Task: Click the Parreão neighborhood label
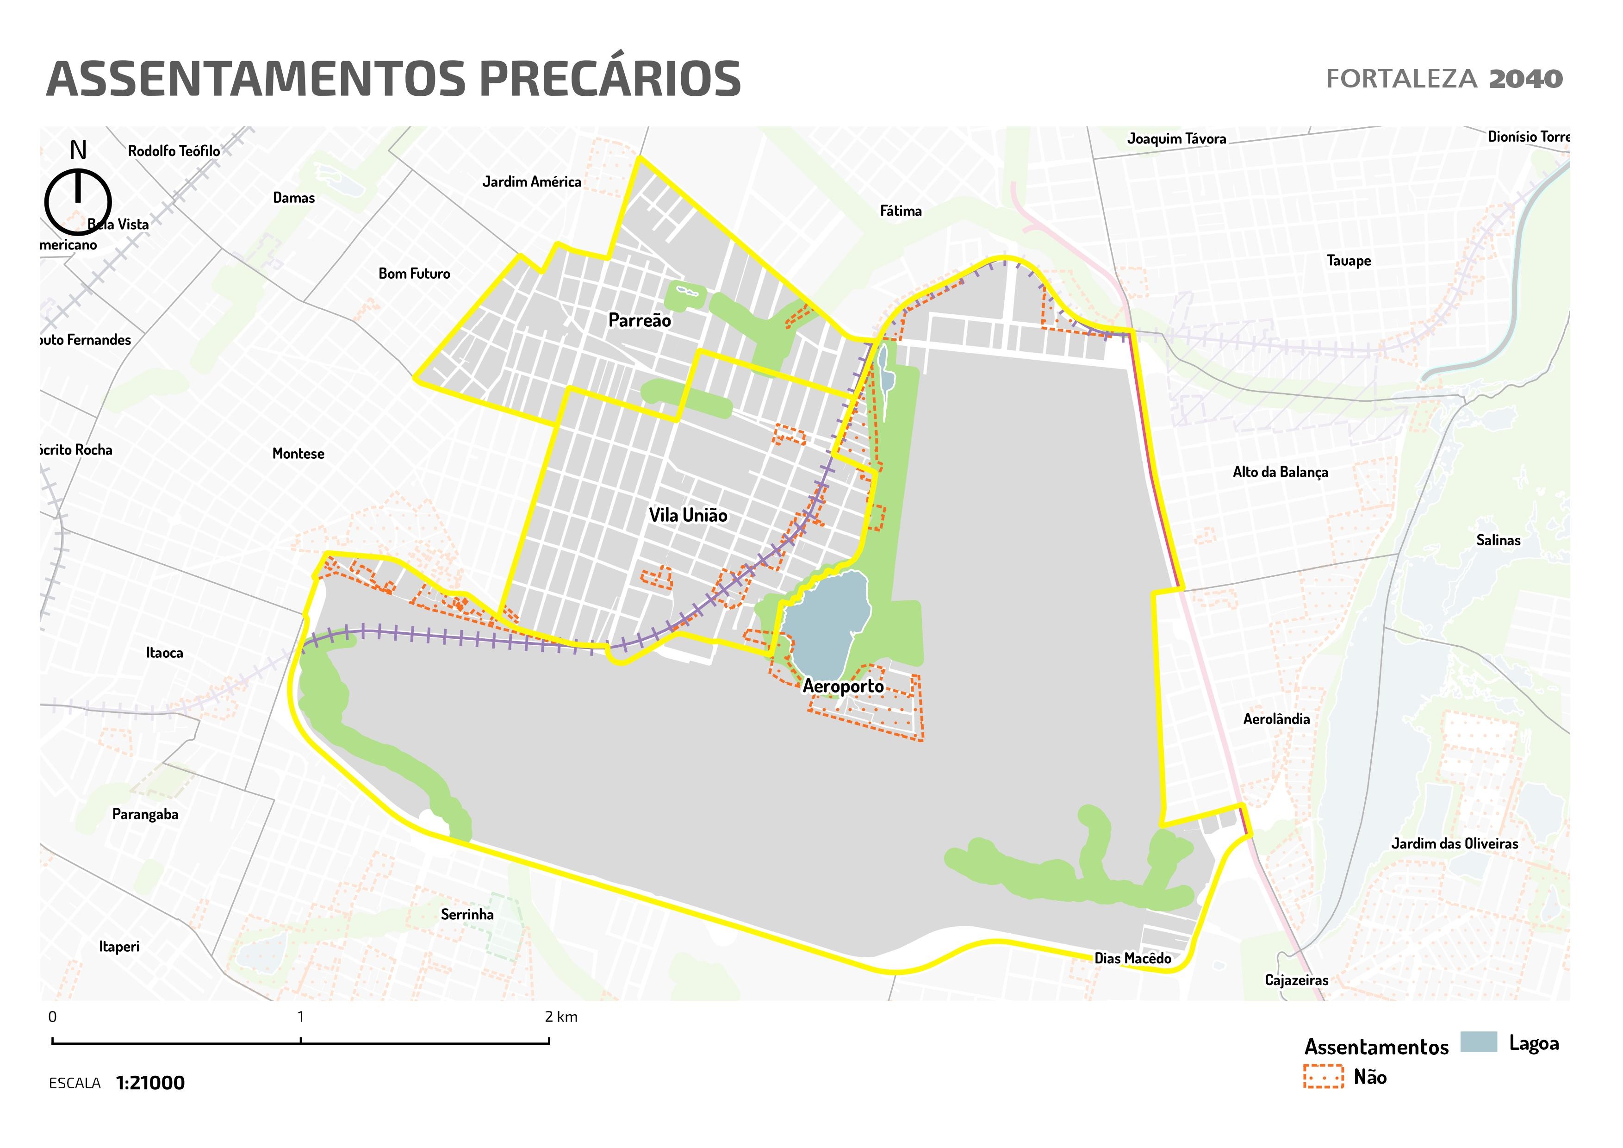[x=639, y=320]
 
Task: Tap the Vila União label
[x=687, y=515]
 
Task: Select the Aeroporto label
[x=843, y=686]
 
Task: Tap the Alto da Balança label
[x=1280, y=472]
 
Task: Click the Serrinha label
[x=466, y=915]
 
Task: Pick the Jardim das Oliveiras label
[x=1454, y=843]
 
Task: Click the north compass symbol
[x=78, y=201]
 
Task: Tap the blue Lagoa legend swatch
[x=1478, y=1042]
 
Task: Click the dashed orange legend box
[x=1323, y=1076]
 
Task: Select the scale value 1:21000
[x=150, y=1083]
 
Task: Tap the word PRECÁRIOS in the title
[x=609, y=79]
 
